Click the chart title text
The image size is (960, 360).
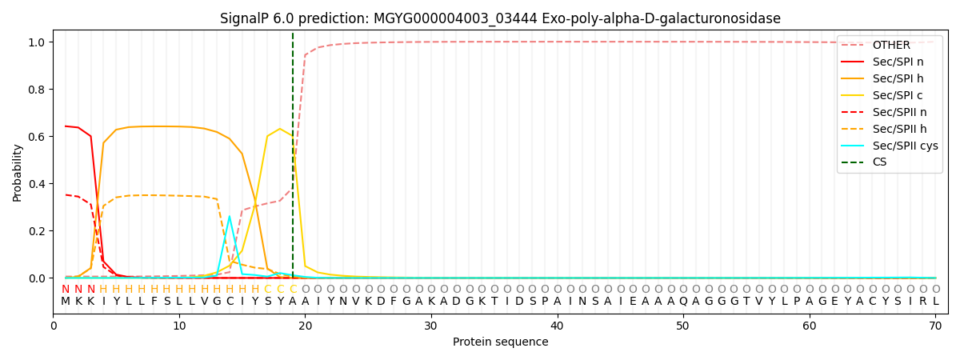coord(500,18)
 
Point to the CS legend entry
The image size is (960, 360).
coord(879,162)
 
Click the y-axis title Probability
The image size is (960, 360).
coord(17,172)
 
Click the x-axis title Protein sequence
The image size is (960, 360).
coord(500,342)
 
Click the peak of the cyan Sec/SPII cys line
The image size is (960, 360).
coord(230,216)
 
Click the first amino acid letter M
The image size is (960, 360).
coord(66,301)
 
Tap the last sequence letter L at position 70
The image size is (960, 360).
coord(935,301)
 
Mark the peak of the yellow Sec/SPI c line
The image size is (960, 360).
coord(280,129)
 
